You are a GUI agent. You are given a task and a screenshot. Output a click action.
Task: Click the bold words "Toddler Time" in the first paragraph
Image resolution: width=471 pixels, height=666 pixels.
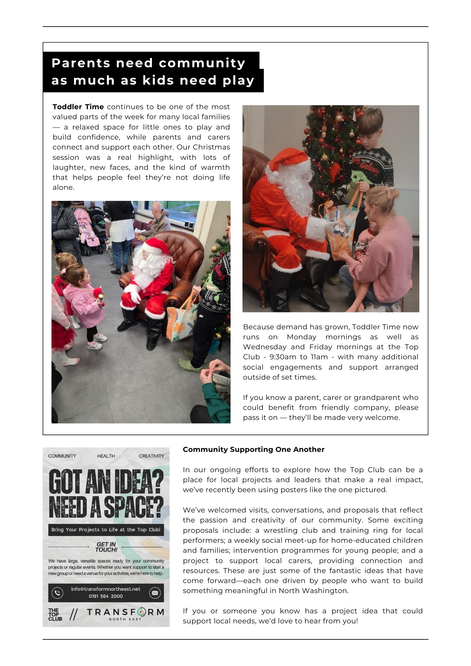coord(78,107)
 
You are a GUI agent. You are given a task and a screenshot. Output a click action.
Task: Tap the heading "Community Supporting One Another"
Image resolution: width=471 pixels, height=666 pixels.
coord(253,450)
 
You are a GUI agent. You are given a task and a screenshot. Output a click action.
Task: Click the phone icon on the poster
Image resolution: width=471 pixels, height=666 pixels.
coord(57,593)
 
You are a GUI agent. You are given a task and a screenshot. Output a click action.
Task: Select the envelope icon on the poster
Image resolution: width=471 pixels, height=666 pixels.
coord(155,593)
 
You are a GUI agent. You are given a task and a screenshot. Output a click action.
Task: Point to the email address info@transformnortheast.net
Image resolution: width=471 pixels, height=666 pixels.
coord(106,589)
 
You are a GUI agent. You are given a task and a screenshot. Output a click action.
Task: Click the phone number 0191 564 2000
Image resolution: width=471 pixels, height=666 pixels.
coord(106,596)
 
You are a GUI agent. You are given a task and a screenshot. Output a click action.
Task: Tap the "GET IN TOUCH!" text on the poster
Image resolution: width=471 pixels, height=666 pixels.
coord(106,547)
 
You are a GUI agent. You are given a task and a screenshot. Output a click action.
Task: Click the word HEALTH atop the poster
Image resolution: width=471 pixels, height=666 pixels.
coord(106,456)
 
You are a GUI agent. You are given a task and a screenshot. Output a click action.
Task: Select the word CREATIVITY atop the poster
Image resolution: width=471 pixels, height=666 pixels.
coord(151,456)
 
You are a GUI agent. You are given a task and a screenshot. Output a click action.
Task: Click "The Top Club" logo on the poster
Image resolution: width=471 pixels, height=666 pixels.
coord(55,615)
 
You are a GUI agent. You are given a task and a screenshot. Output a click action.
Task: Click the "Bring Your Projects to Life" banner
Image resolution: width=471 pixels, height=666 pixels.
coord(106,529)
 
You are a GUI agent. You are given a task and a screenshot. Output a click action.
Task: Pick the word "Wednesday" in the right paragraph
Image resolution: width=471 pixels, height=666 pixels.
coord(264,347)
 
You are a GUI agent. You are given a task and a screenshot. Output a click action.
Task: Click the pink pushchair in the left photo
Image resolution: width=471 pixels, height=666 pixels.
coord(88,230)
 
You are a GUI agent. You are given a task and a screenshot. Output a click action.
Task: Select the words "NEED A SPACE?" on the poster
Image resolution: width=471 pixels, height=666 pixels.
coord(106,507)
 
